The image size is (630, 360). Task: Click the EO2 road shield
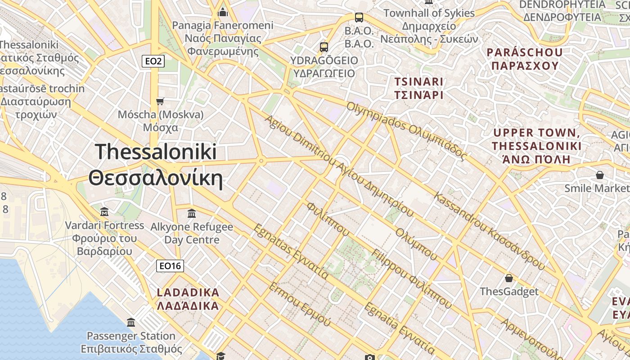click(x=153, y=61)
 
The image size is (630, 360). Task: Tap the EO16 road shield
click(x=171, y=266)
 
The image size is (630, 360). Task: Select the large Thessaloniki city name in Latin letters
click(x=156, y=152)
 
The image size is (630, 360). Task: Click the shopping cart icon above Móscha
click(x=160, y=101)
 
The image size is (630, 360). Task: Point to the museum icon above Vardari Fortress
click(x=104, y=211)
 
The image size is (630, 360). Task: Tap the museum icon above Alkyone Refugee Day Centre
click(x=191, y=213)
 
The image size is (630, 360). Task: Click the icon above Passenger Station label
click(x=131, y=322)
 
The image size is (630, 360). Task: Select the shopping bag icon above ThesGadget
click(x=509, y=278)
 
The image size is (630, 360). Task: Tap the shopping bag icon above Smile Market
click(x=599, y=175)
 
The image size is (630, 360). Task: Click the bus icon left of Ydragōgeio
click(x=324, y=47)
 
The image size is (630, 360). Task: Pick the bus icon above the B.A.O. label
click(x=359, y=18)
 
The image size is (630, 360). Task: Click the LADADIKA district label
click(x=188, y=292)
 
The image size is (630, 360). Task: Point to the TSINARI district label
click(x=418, y=82)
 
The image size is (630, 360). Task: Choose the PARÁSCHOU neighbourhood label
click(x=525, y=52)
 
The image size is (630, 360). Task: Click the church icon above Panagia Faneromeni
click(x=222, y=12)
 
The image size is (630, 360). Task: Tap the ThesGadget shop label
click(x=509, y=292)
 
